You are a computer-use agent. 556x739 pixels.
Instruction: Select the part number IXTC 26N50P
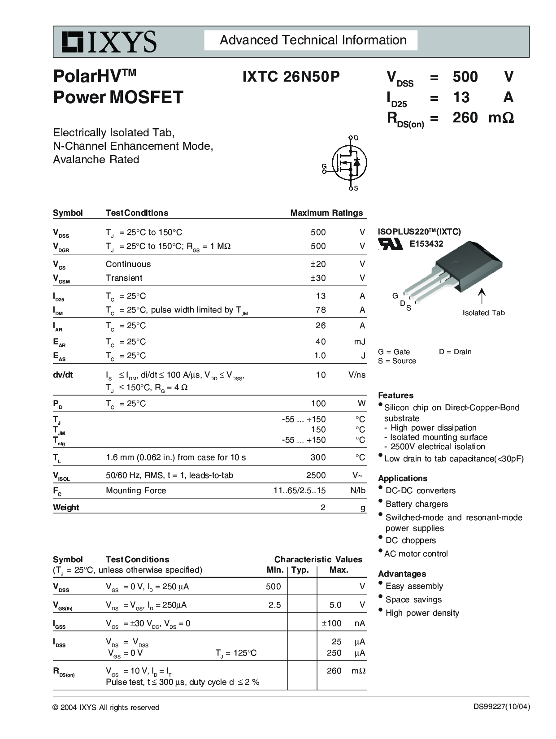291,77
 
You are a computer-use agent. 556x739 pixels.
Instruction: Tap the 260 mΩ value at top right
483,117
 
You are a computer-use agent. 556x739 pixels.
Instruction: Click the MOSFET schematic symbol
349,163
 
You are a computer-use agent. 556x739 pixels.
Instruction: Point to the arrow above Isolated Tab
482,296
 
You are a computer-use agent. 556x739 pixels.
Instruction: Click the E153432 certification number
426,244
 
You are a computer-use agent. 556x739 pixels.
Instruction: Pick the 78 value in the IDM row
320,310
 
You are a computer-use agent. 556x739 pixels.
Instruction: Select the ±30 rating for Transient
318,278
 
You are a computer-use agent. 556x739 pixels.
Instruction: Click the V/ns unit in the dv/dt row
357,375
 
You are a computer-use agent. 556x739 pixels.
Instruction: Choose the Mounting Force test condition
136,491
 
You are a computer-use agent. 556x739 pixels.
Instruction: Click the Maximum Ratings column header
326,213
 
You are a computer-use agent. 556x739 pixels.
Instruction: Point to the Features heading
395,396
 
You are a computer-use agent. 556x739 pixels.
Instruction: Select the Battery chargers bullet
417,504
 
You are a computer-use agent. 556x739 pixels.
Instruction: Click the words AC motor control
416,554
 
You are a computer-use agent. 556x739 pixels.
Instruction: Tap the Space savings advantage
413,600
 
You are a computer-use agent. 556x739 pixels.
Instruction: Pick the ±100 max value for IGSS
331,623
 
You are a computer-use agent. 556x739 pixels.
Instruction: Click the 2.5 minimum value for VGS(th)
274,605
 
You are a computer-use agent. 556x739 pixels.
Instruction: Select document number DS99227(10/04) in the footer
501,707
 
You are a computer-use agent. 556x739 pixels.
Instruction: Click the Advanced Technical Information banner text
313,40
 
